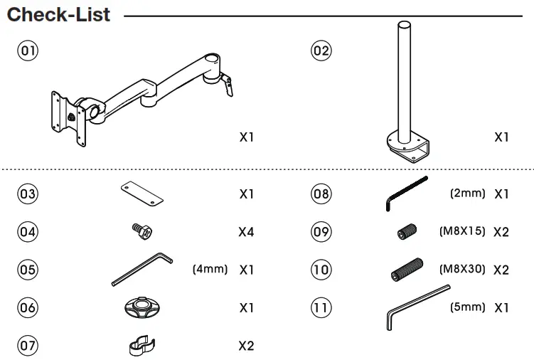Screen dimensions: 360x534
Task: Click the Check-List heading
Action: click(58, 14)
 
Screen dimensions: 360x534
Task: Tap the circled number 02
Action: click(321, 51)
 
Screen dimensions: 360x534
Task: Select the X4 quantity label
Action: click(246, 232)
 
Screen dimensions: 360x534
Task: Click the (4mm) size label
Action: click(210, 270)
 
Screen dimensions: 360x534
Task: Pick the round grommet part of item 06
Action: click(140, 309)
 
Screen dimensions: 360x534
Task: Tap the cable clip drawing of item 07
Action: click(141, 345)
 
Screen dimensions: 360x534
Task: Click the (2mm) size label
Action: click(467, 193)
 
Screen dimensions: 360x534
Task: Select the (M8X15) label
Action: click(461, 231)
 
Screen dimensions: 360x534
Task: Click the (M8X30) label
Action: click(461, 270)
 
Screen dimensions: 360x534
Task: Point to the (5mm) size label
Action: click(467, 307)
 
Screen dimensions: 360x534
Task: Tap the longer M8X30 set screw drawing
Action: click(407, 270)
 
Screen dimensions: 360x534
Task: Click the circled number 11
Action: click(321, 308)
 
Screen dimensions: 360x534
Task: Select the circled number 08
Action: click(321, 194)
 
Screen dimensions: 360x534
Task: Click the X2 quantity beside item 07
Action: click(246, 346)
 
